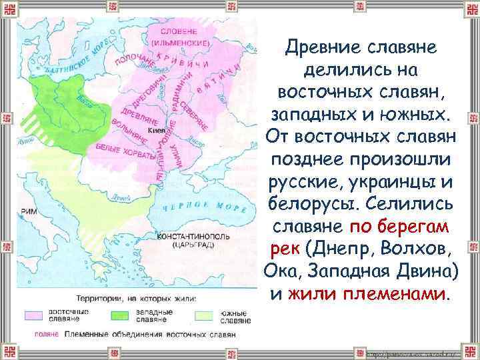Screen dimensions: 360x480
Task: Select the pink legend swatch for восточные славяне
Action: tap(33, 313)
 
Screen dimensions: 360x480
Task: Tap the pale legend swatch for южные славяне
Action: tap(204, 313)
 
